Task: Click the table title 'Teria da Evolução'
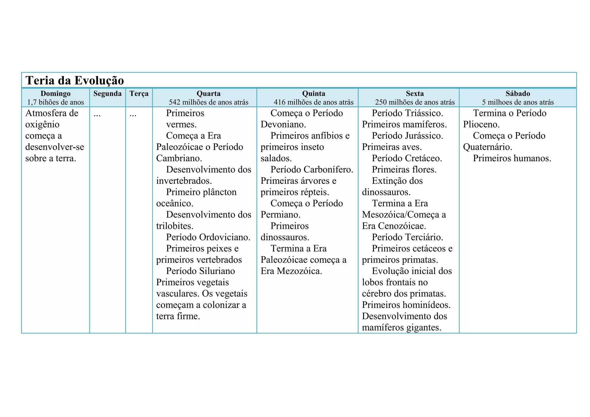(75, 80)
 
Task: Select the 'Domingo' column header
(55, 94)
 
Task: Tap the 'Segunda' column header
(107, 94)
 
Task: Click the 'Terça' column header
(139, 94)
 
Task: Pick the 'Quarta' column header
(209, 94)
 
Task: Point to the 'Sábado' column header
(518, 94)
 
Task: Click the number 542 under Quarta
(175, 102)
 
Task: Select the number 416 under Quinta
(279, 102)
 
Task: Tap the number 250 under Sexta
(381, 102)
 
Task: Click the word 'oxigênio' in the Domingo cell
(42, 125)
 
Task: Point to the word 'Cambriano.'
(179, 158)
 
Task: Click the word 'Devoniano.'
(283, 125)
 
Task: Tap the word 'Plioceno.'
(481, 125)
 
